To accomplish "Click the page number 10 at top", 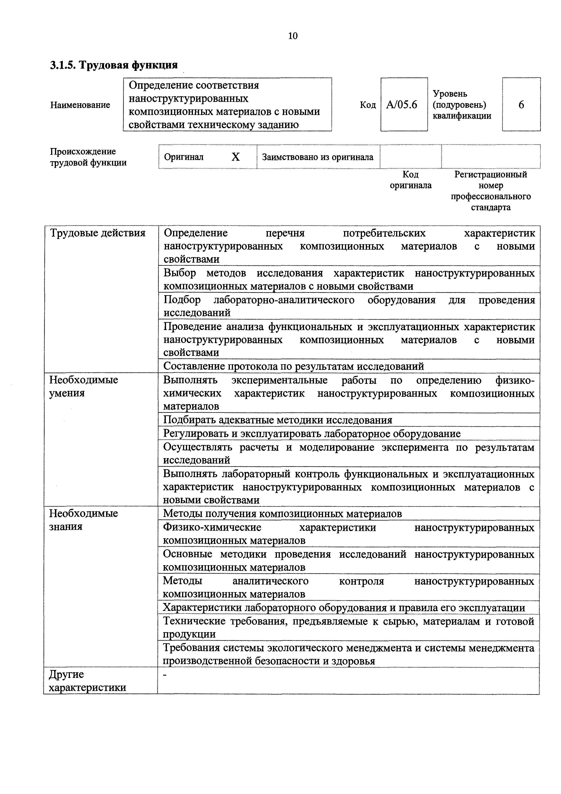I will tap(292, 36).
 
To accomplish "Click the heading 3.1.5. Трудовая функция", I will tap(114, 65).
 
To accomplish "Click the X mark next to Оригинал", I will tap(235, 157).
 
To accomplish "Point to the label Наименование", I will tap(80, 105).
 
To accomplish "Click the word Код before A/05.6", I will tap(368, 105).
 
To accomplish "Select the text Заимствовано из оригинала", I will tap(318, 157).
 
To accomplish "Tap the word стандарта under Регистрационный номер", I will tap(490, 208).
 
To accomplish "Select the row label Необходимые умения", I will tap(84, 387).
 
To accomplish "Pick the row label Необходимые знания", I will tap(84, 520).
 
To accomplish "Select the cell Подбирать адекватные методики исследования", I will tap(278, 420).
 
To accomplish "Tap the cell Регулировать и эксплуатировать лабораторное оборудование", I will tap(312, 433).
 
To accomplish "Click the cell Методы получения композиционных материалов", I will tap(282, 514).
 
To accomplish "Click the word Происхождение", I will tap(83, 151).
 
